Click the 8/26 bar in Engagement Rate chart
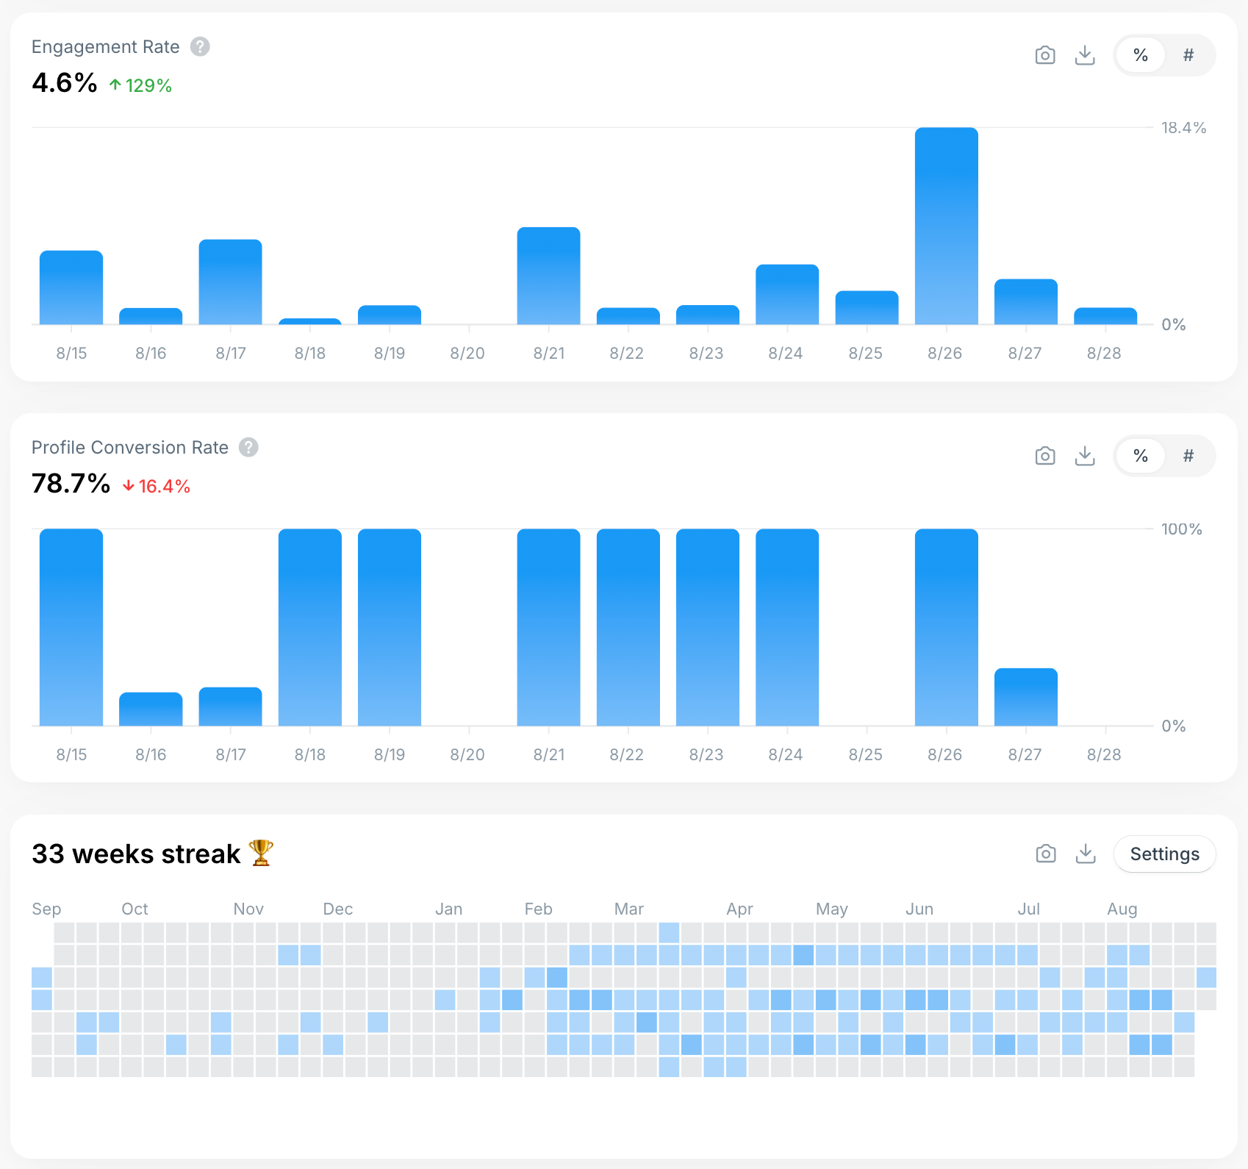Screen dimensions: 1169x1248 [x=946, y=226]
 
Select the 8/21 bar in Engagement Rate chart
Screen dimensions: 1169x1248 [x=548, y=276]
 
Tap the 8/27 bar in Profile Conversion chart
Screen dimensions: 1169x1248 [x=1025, y=697]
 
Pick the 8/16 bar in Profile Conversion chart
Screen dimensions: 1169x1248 [x=151, y=709]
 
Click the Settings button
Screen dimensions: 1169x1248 [x=1164, y=854]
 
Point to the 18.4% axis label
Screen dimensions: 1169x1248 [x=1183, y=128]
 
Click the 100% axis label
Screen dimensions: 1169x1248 [x=1181, y=529]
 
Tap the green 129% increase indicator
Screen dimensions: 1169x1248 [x=140, y=86]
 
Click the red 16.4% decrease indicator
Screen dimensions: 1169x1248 [x=157, y=487]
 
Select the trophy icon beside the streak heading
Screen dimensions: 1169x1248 [x=261, y=853]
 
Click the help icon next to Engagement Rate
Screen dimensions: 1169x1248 [x=200, y=47]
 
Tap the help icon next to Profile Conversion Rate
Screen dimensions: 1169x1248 [x=248, y=448]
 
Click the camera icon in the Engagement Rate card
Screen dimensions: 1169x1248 [x=1044, y=55]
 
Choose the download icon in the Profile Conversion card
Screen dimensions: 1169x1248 [x=1085, y=456]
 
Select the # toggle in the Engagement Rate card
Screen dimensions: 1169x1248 [x=1188, y=55]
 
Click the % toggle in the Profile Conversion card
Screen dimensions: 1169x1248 [x=1140, y=456]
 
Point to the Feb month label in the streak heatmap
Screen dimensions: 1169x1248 [x=538, y=909]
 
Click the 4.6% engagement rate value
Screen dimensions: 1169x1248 [x=65, y=83]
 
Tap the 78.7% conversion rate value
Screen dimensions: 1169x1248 [x=71, y=484]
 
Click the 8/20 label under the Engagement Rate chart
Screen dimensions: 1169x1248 [x=467, y=354]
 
